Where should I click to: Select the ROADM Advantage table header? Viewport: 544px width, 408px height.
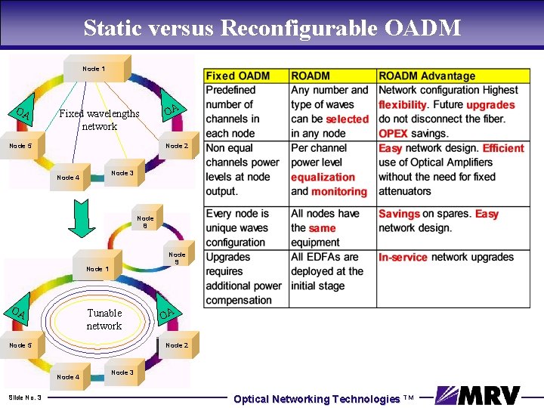[427, 76]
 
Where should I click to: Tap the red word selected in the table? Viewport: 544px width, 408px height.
[347, 119]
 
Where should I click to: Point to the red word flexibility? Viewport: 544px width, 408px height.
[403, 105]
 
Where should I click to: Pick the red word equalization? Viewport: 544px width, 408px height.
[323, 178]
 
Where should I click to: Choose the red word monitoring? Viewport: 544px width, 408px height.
[338, 192]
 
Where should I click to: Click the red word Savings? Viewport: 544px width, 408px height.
[399, 214]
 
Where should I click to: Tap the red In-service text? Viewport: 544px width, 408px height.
[403, 257]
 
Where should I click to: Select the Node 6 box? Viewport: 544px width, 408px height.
[145, 222]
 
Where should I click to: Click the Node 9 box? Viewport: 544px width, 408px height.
[177, 258]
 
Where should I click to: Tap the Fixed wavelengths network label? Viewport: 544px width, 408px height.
[99, 120]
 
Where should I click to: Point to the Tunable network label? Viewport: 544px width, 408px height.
[104, 319]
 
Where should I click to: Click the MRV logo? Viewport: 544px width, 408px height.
[478, 396]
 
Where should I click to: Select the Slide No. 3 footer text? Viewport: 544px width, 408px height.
[25, 397]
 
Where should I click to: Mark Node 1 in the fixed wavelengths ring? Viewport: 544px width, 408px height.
[94, 69]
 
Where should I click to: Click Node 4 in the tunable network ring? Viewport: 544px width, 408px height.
[68, 376]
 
